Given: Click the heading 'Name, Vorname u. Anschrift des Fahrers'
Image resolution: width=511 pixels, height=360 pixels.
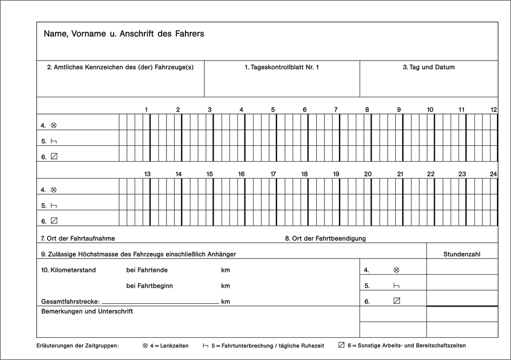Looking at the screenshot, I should point(124,34).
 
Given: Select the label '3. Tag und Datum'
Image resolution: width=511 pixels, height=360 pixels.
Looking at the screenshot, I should point(428,68).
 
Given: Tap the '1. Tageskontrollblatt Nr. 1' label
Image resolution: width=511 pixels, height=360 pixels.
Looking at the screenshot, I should point(282,68).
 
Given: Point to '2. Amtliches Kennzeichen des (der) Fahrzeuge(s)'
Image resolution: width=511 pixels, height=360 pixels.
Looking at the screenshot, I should point(120,68).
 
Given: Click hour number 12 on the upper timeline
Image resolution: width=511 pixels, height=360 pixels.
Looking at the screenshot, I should point(494,110).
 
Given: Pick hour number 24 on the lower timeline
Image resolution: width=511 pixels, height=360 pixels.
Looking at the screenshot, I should point(493,174).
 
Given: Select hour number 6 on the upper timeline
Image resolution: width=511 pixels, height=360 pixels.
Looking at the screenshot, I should point(304,110).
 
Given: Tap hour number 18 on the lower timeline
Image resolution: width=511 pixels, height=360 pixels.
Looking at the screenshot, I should point(304,174).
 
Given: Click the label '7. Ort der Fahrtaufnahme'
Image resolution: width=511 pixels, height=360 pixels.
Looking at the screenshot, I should point(78,238).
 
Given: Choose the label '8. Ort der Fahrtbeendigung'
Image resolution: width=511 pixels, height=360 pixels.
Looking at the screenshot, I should point(326,238).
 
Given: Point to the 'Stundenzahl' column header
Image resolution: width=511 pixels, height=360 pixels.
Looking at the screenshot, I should point(462,254).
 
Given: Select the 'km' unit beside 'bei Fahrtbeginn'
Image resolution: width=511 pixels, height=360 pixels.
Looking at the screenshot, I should point(225,285).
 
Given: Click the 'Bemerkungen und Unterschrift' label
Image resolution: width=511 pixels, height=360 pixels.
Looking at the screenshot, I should point(87,311).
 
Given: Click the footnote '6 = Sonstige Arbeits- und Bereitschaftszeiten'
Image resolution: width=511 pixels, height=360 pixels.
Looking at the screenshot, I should point(406,345).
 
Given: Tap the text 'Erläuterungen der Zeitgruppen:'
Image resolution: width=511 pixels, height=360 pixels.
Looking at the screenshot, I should point(77,345).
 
